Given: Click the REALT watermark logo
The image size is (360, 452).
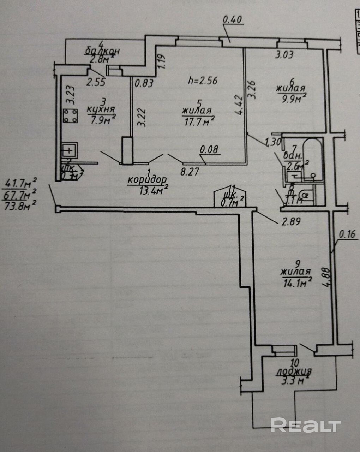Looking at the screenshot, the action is click(x=305, y=425).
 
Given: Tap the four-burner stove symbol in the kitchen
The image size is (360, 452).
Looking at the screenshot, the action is click(x=71, y=117).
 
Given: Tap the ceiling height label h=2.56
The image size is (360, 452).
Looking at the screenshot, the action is click(x=203, y=80).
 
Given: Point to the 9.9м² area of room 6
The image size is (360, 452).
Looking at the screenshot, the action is click(x=291, y=99).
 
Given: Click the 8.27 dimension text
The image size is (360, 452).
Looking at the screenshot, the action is click(x=190, y=172).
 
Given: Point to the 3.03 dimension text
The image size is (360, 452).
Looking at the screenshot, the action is click(x=284, y=55).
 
